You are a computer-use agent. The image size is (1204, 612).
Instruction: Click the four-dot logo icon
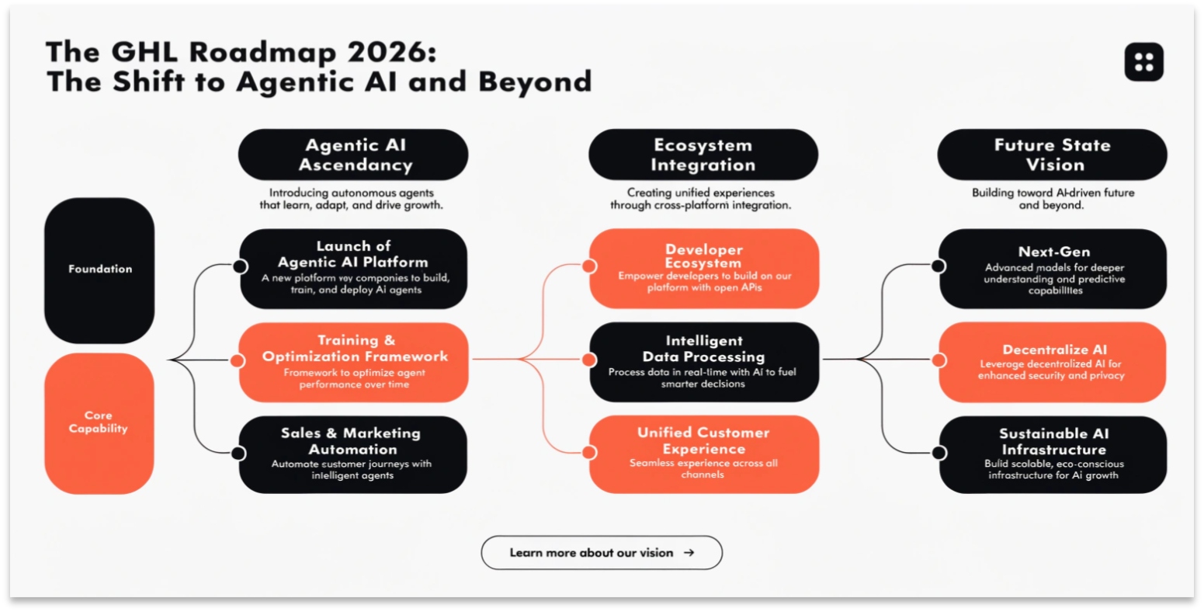pos(1143,62)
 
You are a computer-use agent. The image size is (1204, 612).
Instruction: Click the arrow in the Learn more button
pos(689,553)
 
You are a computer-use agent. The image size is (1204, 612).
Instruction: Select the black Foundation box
pos(99,270)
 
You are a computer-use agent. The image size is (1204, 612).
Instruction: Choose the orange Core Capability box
pos(99,422)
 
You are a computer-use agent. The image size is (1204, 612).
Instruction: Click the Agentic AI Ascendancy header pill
pos(353,155)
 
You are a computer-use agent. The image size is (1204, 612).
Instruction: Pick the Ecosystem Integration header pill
pos(703,155)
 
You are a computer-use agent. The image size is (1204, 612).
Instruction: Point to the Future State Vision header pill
pos(1052,155)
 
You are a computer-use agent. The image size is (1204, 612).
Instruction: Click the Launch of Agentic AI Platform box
pos(353,269)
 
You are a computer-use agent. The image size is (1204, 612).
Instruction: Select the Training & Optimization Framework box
pos(354,363)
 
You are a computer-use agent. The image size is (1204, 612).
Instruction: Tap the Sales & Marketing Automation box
pos(353,454)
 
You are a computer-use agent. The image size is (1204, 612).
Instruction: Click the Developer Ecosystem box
pos(704,269)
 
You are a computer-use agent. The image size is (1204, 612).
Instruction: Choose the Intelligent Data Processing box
pos(704,363)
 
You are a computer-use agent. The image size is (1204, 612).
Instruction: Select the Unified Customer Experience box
pos(704,454)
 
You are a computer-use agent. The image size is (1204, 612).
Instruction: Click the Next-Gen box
pos(1053,269)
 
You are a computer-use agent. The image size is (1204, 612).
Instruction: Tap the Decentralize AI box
pos(1053,363)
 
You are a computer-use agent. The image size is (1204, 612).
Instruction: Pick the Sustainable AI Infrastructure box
pos(1053,454)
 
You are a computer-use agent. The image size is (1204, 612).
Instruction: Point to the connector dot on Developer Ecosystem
pos(589,266)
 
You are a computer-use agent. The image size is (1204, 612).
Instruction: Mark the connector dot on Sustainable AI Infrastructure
pos(939,452)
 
